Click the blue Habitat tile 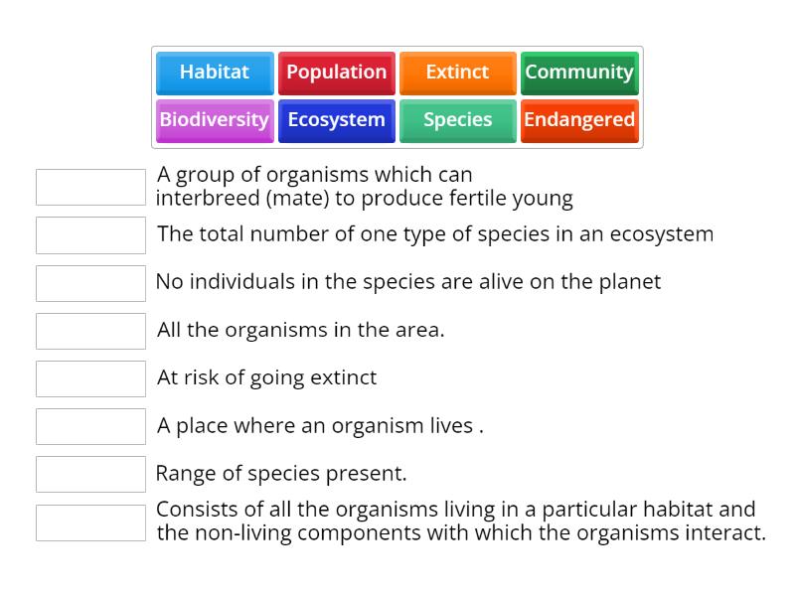[x=215, y=73]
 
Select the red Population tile [x=336, y=73]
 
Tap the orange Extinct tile [x=457, y=73]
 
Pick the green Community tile [x=579, y=73]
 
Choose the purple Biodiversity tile [x=215, y=120]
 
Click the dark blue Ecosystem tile [x=336, y=120]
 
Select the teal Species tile [x=457, y=120]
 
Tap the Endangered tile [x=579, y=120]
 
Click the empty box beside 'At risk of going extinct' [x=90, y=378]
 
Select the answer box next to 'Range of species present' [x=90, y=474]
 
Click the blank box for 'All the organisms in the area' [x=90, y=331]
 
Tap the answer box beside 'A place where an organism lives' [x=90, y=426]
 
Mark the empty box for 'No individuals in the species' [x=90, y=283]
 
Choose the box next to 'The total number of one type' [x=90, y=235]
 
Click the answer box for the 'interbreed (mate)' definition [x=90, y=187]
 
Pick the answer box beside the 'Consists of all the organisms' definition [x=90, y=522]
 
